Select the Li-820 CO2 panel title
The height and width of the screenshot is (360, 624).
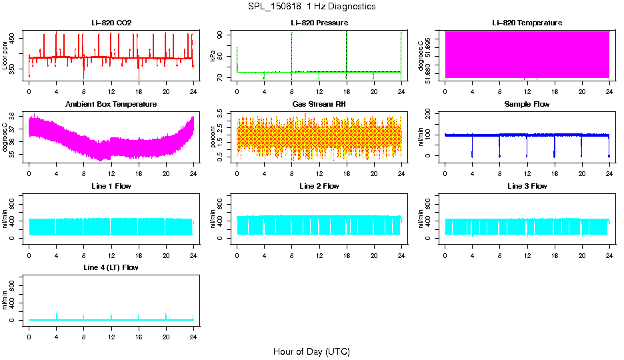111,23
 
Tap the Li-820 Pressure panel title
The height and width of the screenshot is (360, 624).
319,23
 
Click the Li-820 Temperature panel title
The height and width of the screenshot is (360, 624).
527,23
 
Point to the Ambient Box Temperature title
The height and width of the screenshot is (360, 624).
111,105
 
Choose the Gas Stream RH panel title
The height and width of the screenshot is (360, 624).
319,105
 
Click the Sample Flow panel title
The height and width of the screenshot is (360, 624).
527,105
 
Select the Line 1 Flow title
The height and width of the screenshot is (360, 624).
111,186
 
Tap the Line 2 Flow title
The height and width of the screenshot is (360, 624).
319,186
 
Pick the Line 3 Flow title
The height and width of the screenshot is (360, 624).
527,186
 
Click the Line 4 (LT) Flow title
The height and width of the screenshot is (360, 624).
111,267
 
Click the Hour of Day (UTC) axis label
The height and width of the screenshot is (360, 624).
311,351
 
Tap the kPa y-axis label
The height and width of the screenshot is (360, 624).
213,57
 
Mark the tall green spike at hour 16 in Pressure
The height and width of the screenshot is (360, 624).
347,40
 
